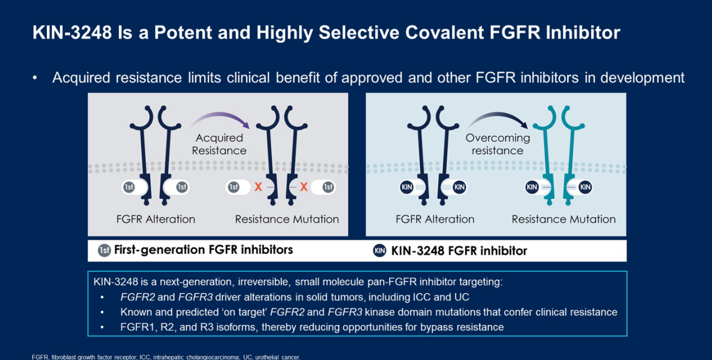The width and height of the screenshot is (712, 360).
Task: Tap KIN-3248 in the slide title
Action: (x=72, y=32)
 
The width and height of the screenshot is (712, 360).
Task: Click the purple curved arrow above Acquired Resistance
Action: (x=220, y=119)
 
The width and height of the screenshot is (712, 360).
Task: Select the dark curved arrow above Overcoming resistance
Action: (x=498, y=119)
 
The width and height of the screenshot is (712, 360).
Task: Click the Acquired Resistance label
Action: (x=219, y=144)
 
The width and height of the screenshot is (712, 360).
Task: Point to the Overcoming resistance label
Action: (x=498, y=144)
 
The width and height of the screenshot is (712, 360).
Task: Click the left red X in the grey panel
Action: (x=258, y=187)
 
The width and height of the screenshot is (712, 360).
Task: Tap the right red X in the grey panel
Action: (x=304, y=187)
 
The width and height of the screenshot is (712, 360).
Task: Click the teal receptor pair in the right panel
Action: (x=559, y=156)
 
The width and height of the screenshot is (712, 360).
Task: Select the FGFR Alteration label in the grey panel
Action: (x=156, y=219)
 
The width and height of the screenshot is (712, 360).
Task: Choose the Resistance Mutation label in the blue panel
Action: (x=563, y=219)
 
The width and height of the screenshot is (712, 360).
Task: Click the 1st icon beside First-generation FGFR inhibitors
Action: (x=104, y=250)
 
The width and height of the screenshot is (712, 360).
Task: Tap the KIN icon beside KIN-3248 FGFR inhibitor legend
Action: (x=379, y=251)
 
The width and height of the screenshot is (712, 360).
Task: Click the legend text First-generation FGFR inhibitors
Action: (x=203, y=250)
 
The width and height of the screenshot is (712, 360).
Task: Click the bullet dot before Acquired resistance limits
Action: (x=35, y=78)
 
